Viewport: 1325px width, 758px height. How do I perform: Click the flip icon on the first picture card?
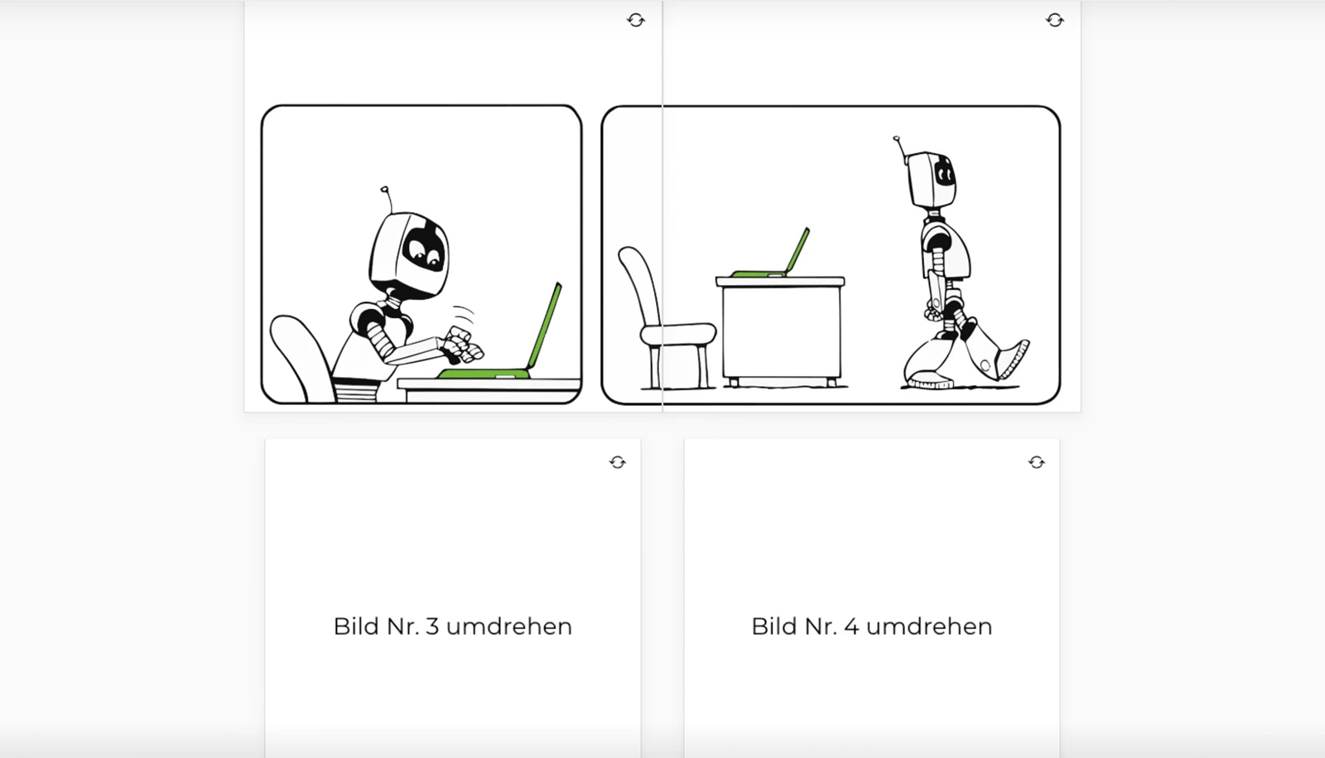coord(636,20)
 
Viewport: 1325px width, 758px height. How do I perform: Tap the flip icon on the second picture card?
coord(1054,20)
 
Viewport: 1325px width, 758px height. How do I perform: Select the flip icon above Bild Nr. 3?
coord(618,462)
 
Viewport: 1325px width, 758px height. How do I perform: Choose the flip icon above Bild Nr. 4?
coord(1037,462)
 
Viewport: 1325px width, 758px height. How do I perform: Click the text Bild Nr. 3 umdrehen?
coord(452,626)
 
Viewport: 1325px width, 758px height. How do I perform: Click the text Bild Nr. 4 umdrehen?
coord(871,626)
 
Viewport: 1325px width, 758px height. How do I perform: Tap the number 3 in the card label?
coord(432,626)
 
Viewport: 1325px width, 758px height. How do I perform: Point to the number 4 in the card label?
coord(851,626)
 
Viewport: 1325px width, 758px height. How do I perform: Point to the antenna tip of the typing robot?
coord(384,190)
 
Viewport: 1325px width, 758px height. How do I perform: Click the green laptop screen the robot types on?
coord(546,327)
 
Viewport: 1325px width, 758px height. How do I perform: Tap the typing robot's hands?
coord(462,344)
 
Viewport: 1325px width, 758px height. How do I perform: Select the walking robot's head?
coord(932,178)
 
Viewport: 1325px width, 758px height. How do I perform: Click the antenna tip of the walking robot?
coord(896,139)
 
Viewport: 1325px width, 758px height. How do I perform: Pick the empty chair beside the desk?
coord(662,323)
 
